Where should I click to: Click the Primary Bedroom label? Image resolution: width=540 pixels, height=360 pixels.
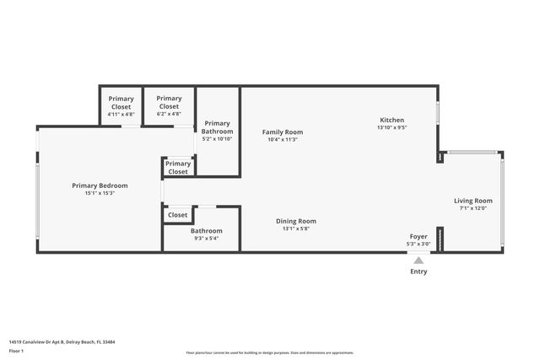100,185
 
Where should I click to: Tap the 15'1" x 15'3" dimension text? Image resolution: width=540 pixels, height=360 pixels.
100,193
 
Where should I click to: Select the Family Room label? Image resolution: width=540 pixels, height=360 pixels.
283,132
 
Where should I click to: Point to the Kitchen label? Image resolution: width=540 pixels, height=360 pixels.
391,121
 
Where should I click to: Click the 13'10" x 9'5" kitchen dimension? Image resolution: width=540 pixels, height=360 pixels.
391,128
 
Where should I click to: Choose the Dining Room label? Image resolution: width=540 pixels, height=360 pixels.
296,221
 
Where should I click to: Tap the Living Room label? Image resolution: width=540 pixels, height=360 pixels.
472,201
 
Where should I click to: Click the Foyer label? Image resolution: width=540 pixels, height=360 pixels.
418,237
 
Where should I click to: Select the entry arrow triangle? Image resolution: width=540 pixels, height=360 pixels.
418,260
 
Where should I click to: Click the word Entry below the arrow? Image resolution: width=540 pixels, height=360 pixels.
418,271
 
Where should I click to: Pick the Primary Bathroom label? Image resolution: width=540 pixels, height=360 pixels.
217,127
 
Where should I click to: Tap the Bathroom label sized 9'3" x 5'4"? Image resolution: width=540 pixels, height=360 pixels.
206,231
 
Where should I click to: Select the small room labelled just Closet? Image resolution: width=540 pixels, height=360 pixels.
177,215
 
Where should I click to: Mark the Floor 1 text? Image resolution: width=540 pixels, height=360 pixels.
16,351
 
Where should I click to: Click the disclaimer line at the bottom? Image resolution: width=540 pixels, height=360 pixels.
269,353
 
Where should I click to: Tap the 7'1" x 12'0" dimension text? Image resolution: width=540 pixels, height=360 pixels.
472,208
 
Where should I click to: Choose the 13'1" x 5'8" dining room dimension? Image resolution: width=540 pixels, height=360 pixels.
296,228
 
